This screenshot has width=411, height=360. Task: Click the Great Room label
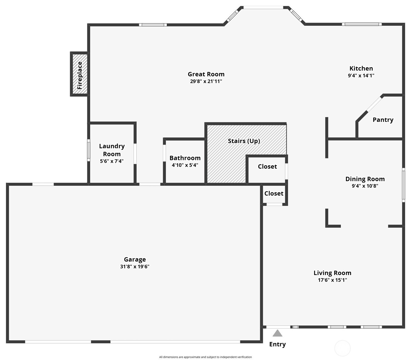pos(206,74)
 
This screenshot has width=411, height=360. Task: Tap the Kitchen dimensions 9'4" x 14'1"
pos(361,76)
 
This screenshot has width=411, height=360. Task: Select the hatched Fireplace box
pos(79,74)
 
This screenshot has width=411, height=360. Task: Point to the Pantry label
pos(383,120)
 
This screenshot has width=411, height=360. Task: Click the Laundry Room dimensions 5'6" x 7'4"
pos(112,161)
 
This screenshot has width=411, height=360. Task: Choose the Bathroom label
pos(185,158)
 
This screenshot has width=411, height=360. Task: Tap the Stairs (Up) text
pos(244,141)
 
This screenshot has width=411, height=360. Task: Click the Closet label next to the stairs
pos(267,166)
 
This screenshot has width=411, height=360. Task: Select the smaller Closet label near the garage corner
pos(274,193)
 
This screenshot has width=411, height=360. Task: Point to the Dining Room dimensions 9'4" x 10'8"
pos(365,186)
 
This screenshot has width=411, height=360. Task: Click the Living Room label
pos(332,273)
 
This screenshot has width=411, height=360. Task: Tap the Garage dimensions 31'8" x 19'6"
pos(135,267)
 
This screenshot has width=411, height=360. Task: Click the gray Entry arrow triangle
pos(277,333)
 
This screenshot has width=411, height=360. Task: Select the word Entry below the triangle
pos(277,344)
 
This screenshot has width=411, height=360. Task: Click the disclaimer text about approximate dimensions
pos(205,357)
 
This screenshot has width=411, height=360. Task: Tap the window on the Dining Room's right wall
pos(403,185)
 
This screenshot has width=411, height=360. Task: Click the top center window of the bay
pos(263,7)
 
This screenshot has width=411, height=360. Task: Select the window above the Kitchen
pos(362,24)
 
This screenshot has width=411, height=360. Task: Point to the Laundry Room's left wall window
pos(89,150)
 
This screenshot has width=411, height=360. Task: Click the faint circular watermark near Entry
pos(342,348)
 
